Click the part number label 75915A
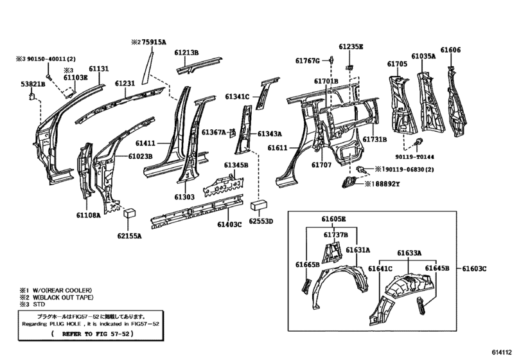point(154,42)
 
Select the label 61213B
point(186,53)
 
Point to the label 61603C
point(474,269)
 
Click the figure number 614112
point(502,352)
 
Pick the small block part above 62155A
point(130,213)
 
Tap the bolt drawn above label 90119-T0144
point(419,141)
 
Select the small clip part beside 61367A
point(233,132)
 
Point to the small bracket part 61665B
point(306,286)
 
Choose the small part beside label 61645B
point(421,306)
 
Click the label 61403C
point(229,224)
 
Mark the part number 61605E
point(333,219)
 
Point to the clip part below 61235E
point(349,67)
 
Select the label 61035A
point(423,56)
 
